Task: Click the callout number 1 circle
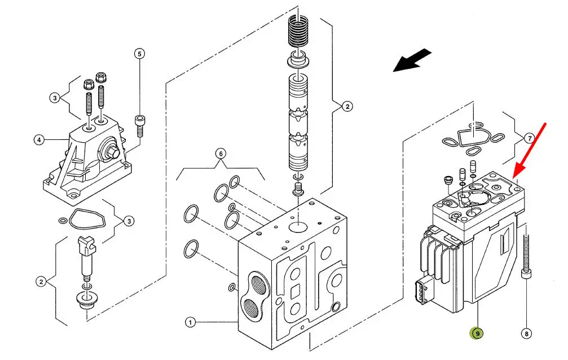click(190, 322)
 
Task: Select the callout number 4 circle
click(39, 139)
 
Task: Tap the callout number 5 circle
click(139, 54)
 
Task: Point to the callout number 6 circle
click(221, 153)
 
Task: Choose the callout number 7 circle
click(530, 138)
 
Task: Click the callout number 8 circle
click(526, 333)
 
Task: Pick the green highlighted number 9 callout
click(477, 333)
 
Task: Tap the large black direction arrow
click(412, 61)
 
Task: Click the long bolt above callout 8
click(526, 257)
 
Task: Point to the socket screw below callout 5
click(139, 125)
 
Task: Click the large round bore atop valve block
click(298, 227)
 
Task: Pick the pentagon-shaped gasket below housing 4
click(86, 219)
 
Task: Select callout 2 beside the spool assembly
click(347, 107)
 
